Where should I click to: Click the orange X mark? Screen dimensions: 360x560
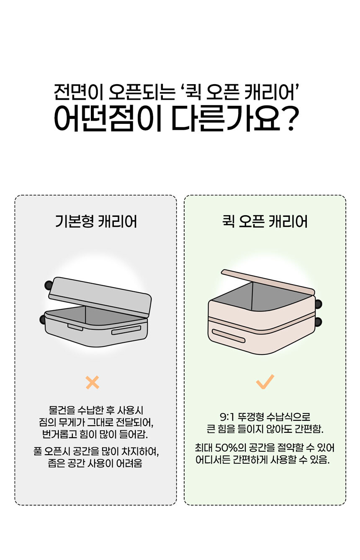pyautogui.click(x=93, y=382)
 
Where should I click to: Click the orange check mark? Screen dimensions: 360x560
pyautogui.click(x=265, y=382)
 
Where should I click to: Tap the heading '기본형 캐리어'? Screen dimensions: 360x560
pyautogui.click(x=96, y=221)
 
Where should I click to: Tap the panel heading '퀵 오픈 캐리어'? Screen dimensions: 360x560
pyautogui.click(x=265, y=221)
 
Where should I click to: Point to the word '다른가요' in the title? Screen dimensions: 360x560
pyautogui.click(x=226, y=119)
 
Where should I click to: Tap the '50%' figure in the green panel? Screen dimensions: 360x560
pyautogui.click(x=226, y=448)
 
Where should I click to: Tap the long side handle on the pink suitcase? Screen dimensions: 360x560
pyautogui.click(x=229, y=336)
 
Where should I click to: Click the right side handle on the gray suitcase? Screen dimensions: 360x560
pyautogui.click(x=126, y=330)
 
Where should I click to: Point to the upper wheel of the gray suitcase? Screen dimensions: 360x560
pyautogui.click(x=49, y=285)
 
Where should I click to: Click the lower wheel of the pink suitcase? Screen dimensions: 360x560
pyautogui.click(x=318, y=322)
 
